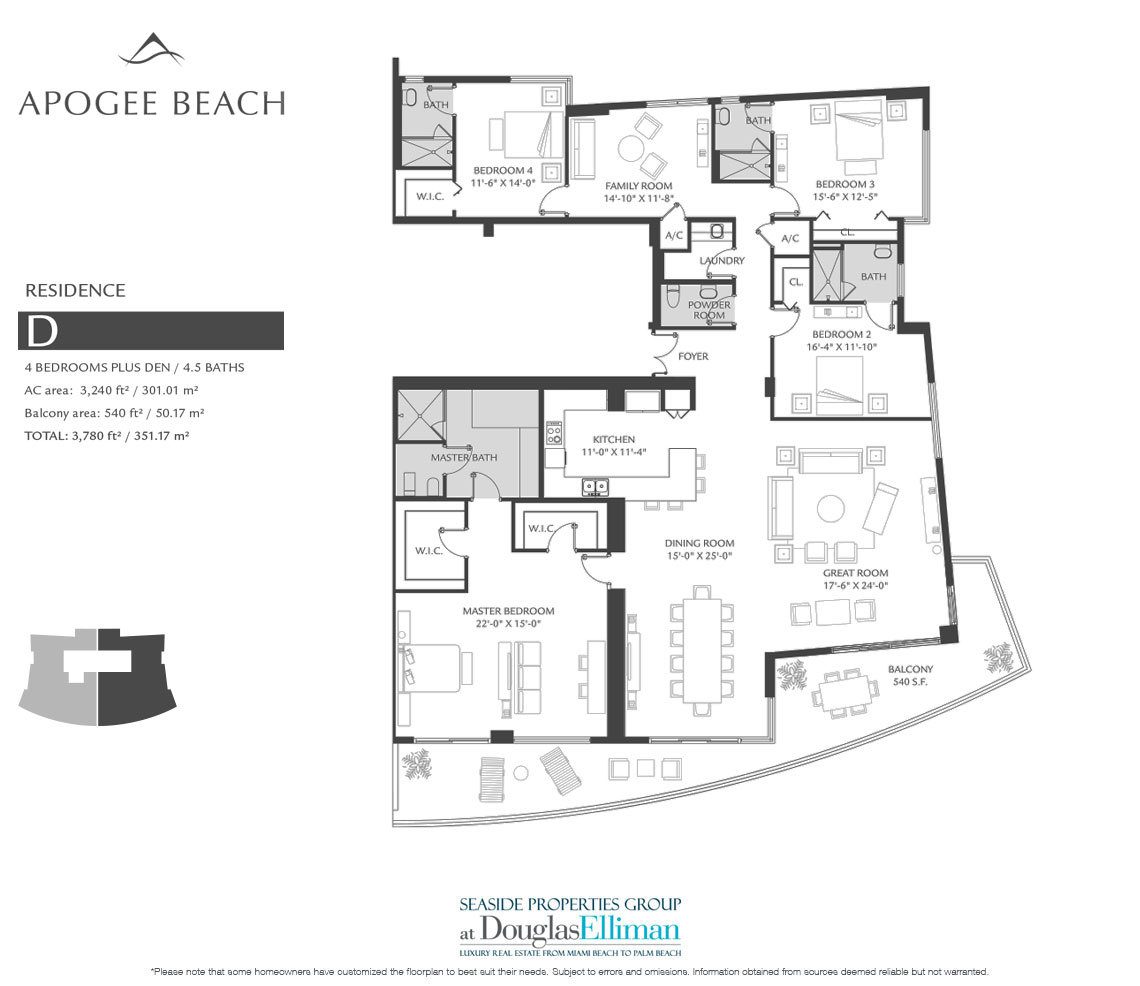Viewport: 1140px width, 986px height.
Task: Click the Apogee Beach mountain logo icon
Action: (x=151, y=50)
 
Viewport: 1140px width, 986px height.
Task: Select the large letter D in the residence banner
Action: (x=41, y=331)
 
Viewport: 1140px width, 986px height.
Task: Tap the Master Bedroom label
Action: (x=508, y=611)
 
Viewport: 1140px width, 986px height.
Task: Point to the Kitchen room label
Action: (x=614, y=439)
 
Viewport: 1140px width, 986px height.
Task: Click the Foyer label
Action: (x=693, y=356)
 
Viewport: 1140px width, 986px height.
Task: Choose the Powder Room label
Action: (x=709, y=310)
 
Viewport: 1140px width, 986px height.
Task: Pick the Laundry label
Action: (x=722, y=260)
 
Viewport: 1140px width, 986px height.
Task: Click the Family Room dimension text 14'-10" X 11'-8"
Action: (x=639, y=198)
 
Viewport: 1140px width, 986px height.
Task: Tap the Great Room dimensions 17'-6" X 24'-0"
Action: (x=856, y=585)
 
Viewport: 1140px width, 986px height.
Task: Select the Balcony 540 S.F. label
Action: (x=910, y=675)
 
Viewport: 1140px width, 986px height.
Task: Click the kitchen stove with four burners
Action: (x=554, y=433)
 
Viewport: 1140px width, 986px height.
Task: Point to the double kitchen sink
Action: (x=595, y=486)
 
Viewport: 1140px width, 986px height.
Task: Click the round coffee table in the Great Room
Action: (x=830, y=508)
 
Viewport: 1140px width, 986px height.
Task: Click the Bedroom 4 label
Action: (x=502, y=171)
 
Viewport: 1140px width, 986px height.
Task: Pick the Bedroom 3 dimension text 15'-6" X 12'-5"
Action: (x=845, y=196)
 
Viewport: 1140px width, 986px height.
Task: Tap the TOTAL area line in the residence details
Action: (x=107, y=436)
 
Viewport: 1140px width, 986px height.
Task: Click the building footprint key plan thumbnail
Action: (x=97, y=677)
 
